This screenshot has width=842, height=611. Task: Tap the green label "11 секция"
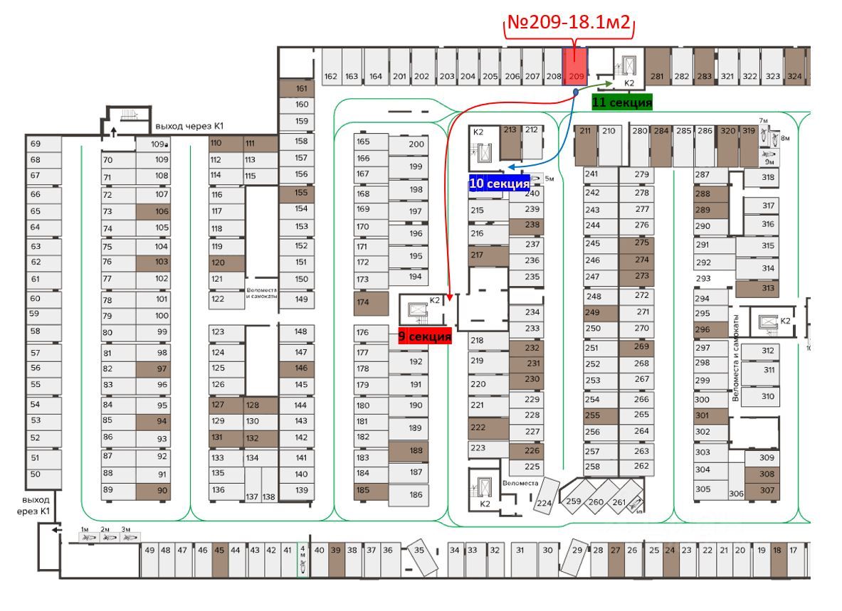(622, 102)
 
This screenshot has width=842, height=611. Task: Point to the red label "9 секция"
(425, 336)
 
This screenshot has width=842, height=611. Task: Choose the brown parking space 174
(371, 304)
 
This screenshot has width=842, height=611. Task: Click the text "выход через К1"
(189, 127)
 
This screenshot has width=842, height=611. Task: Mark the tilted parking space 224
(545, 494)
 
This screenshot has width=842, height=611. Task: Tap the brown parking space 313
(757, 288)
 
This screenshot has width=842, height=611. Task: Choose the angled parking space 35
(420, 559)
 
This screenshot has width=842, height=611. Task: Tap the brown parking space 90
(153, 490)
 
